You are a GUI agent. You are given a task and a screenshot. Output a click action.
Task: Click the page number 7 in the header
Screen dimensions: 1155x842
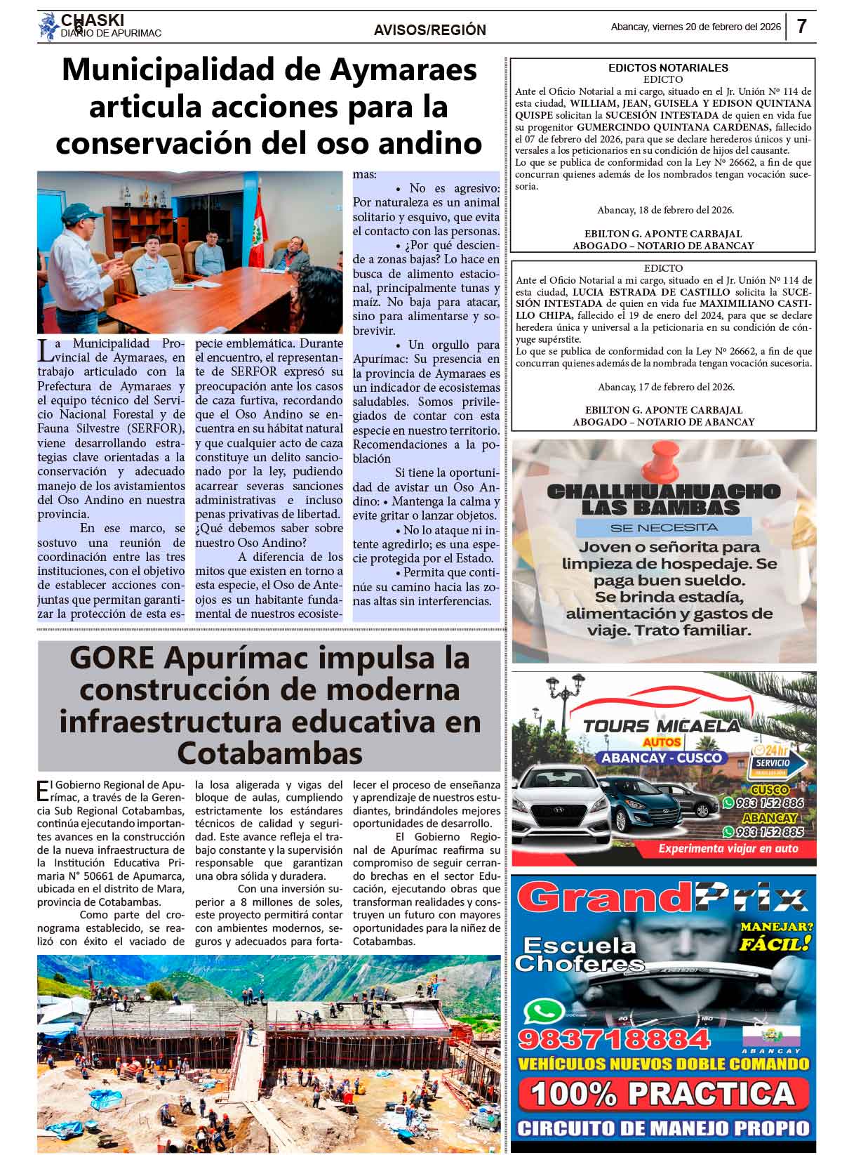801,27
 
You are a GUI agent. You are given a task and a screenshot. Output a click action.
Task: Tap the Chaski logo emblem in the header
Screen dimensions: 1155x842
49,27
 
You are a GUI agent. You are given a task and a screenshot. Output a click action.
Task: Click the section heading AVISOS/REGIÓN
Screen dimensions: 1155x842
429,30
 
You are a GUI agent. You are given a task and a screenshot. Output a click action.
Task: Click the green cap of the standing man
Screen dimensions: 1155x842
78,210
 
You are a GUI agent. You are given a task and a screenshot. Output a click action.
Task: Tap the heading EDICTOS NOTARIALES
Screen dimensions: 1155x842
668,68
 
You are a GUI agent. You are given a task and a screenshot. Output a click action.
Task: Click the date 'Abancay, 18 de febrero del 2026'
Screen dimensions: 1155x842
665,210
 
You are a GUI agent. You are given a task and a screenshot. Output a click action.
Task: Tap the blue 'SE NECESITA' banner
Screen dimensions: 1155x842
664,527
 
